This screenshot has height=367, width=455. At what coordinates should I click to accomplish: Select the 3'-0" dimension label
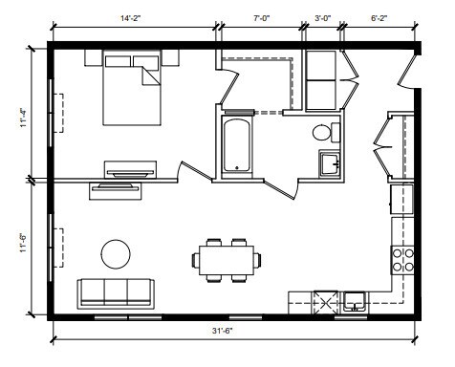(x=324, y=16)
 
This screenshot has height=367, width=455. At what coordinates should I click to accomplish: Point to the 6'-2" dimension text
(x=379, y=16)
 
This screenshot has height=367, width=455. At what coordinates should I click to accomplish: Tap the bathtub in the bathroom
(x=236, y=145)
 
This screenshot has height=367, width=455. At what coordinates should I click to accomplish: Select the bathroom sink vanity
(x=330, y=164)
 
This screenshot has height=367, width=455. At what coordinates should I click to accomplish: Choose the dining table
(x=227, y=258)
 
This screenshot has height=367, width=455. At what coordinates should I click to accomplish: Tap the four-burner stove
(x=403, y=258)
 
